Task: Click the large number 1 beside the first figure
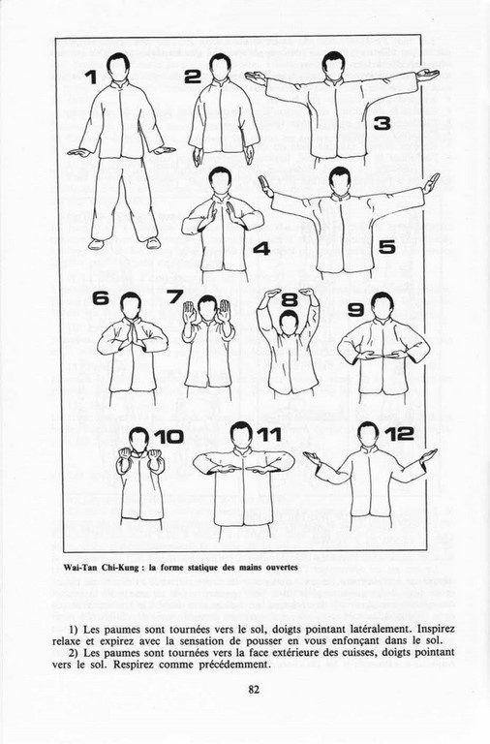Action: (x=92, y=77)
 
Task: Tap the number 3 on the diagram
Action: (x=382, y=123)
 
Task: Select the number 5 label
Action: (x=387, y=247)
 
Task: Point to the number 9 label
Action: (x=355, y=310)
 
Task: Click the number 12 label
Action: (x=399, y=433)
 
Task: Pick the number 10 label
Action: (x=168, y=437)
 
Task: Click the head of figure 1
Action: (x=117, y=68)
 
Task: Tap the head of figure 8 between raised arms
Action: (x=289, y=323)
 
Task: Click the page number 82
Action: (x=254, y=690)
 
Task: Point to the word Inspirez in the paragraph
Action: (x=436, y=629)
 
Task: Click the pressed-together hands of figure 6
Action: (x=133, y=328)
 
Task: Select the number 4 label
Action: (x=261, y=248)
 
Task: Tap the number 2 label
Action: (x=193, y=76)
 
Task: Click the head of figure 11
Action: (x=242, y=434)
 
